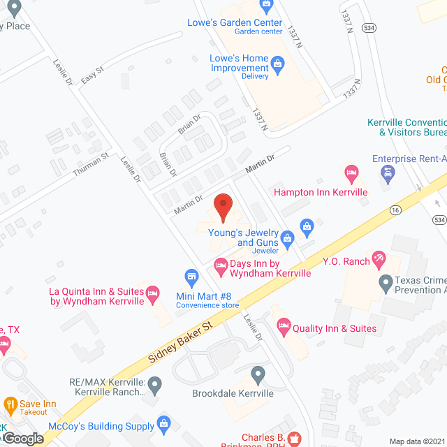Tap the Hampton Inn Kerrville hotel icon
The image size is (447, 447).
point(352,172)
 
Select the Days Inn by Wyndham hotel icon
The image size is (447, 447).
point(221,264)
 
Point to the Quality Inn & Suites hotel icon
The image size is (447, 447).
point(284,325)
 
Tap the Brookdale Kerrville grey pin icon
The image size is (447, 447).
point(258,376)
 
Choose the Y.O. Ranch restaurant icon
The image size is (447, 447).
point(379,261)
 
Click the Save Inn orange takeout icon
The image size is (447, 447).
point(10,404)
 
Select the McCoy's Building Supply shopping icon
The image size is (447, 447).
point(163,423)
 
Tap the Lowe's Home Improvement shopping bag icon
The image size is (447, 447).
point(277,67)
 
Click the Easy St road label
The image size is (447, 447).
point(91,75)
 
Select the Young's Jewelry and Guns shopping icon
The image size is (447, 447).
point(306,225)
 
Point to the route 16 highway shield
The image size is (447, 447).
point(395,209)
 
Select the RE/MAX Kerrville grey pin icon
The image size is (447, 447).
point(155,383)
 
